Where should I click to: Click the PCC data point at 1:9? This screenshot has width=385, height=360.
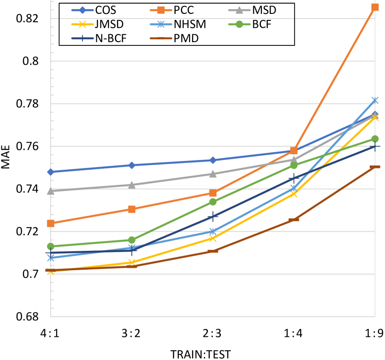(x=374, y=7)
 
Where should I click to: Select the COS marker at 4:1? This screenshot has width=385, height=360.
(x=50, y=172)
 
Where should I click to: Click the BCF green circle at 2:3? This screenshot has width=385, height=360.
(x=213, y=202)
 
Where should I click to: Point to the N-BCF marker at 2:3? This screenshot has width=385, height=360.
(x=213, y=217)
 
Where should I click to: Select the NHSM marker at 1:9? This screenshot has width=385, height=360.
(x=374, y=100)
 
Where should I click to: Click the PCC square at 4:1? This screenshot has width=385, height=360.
(x=50, y=223)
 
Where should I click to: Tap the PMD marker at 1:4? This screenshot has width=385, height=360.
(x=294, y=219)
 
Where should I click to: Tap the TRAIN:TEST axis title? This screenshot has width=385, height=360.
(x=200, y=354)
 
